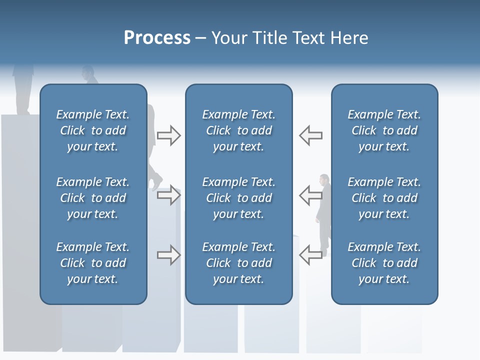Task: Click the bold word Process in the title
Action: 157,38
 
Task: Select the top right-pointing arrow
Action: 168,135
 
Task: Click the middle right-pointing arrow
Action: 168,196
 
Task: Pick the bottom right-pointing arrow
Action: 168,255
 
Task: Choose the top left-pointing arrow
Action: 311,135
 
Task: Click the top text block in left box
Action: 93,130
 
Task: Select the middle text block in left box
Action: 93,198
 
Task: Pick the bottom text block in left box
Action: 93,263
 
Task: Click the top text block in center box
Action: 238,130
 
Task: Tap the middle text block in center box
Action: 238,198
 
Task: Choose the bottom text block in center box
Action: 238,263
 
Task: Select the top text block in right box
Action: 384,130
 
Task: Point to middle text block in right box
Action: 384,198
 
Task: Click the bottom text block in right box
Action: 384,263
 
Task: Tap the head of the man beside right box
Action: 324,179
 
